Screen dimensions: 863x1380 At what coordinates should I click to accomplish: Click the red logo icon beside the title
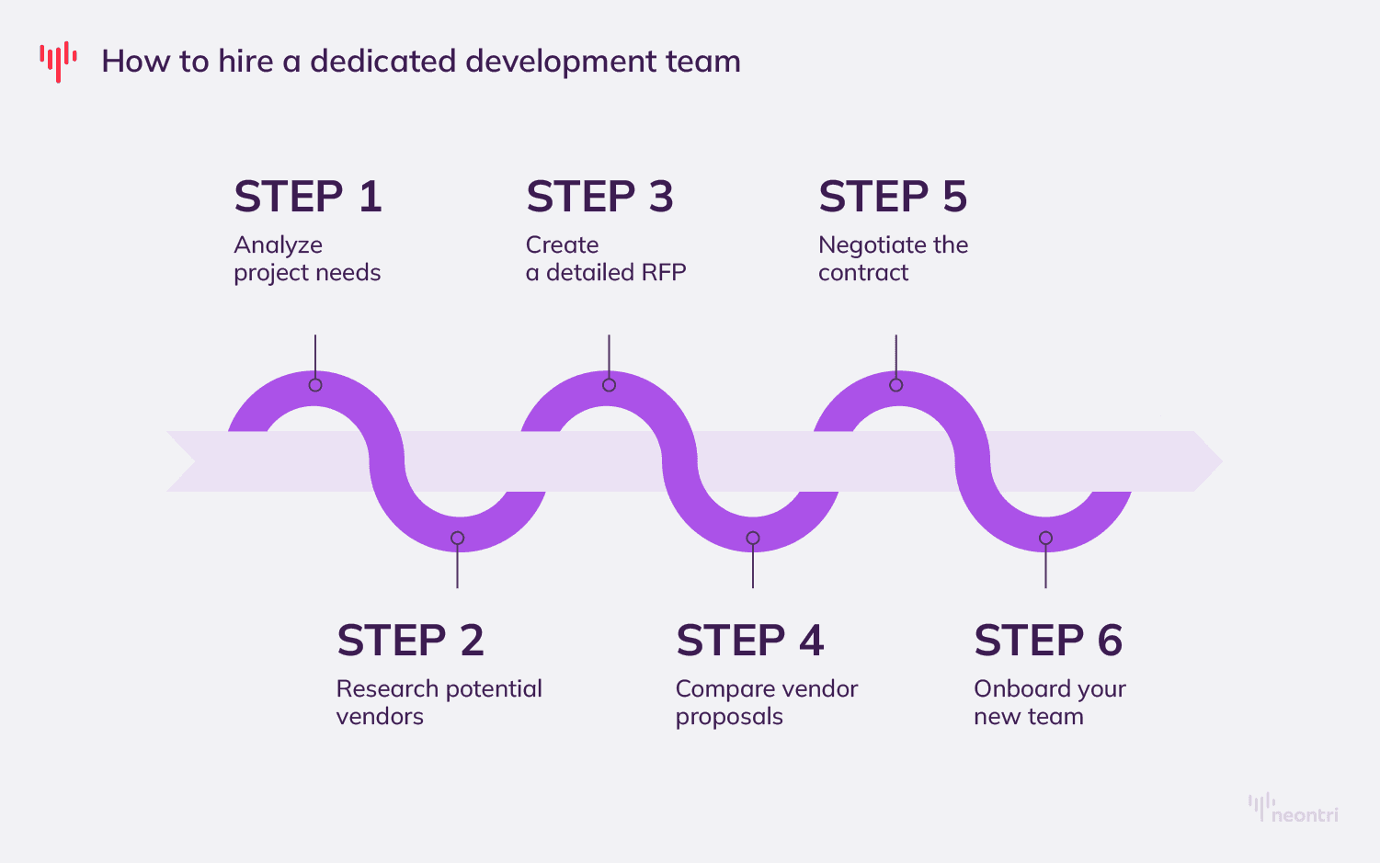(58, 62)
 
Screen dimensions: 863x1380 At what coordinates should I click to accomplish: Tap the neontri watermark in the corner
(1294, 808)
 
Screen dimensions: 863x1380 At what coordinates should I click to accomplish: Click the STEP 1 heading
(308, 197)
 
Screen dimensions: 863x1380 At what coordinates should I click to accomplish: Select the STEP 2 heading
(410, 641)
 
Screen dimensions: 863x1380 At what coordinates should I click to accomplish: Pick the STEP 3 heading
(599, 197)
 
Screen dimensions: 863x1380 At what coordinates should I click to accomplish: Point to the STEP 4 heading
(749, 641)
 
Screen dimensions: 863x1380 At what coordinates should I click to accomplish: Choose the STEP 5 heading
(893, 197)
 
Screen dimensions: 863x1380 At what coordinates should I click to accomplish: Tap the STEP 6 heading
(1048, 641)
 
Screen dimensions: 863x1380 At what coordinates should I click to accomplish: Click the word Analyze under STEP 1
(278, 245)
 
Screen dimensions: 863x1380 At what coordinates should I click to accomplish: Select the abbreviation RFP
(664, 273)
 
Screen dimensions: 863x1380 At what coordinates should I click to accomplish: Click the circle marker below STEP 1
(315, 385)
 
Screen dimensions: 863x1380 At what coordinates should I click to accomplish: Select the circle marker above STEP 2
(457, 538)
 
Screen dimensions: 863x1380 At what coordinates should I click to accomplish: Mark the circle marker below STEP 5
(896, 385)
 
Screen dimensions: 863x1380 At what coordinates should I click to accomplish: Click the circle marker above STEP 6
(1045, 538)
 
